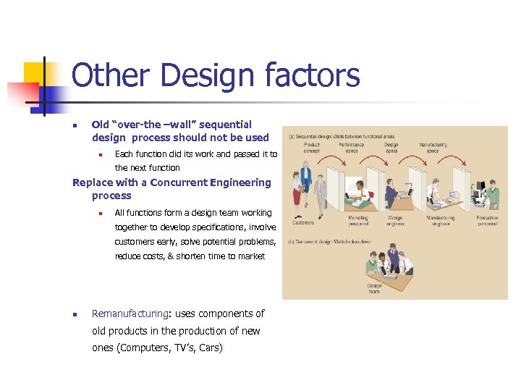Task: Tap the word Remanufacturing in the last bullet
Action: [130, 314]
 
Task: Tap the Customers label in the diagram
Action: [303, 222]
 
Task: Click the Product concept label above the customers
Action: [311, 148]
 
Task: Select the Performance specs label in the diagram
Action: [352, 148]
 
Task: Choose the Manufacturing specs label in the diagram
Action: [433, 148]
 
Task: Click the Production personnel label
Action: [486, 220]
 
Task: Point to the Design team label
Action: [374, 288]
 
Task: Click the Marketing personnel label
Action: [357, 220]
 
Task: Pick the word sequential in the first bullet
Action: [224, 125]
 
